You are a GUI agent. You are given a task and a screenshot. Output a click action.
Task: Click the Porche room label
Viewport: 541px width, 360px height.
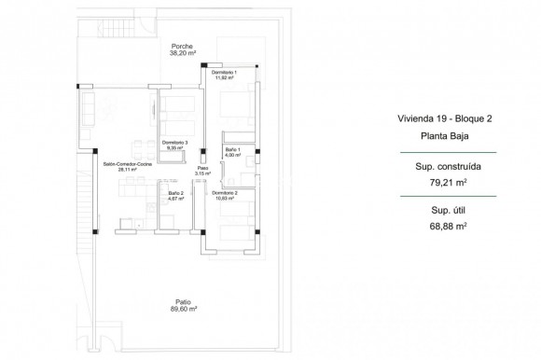(179, 46)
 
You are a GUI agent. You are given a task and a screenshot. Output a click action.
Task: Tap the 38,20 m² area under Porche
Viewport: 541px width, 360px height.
(179, 54)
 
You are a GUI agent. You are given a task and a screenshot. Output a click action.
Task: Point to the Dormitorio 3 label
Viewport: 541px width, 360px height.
(175, 142)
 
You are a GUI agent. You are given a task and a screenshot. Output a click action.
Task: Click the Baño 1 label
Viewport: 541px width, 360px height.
(233, 150)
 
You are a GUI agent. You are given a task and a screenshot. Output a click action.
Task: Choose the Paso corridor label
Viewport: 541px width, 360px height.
(202, 169)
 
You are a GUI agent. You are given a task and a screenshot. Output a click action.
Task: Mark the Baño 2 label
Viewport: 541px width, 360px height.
(175, 193)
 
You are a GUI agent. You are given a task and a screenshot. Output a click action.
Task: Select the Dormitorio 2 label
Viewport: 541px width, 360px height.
(225, 193)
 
